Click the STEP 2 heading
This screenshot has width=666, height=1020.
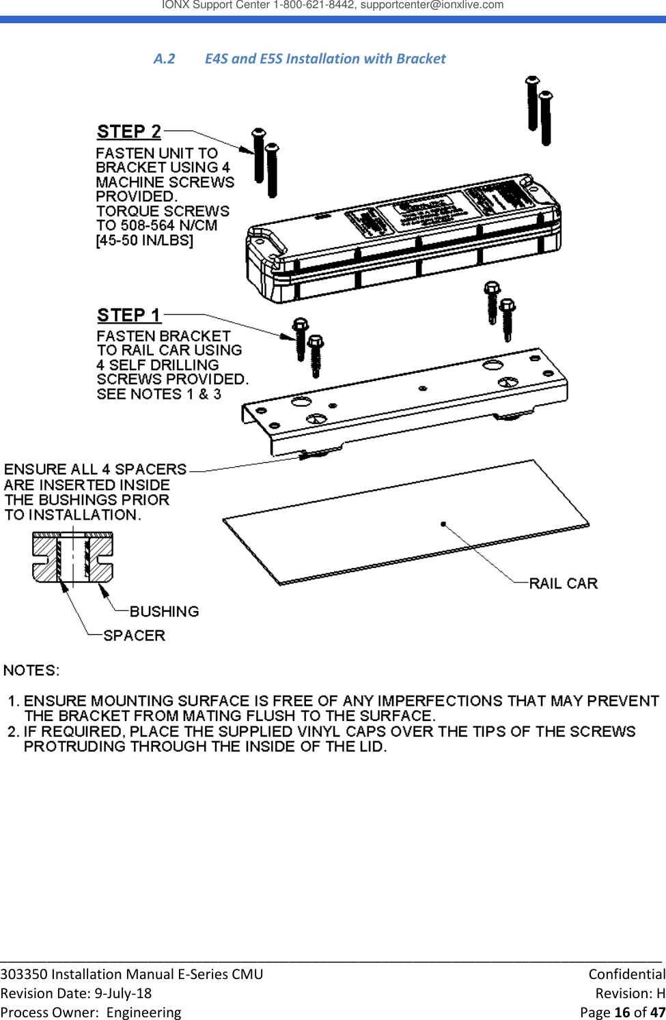point(129,131)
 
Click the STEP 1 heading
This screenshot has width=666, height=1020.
point(128,315)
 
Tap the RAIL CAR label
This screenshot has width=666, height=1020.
point(564,583)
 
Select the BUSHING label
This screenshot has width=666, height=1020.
point(164,611)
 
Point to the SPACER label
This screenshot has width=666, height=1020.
point(134,635)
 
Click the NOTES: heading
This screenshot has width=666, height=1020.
point(31,670)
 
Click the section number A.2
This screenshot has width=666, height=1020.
point(164,59)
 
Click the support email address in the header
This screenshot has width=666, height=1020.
point(432,5)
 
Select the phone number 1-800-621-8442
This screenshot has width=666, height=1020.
point(314,5)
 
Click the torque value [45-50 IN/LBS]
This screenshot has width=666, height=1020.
point(145,240)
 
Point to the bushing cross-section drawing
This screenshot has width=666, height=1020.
point(72,557)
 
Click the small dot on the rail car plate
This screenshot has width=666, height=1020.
point(443,524)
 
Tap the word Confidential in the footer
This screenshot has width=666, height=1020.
point(626,974)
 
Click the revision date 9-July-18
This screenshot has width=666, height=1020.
point(123,993)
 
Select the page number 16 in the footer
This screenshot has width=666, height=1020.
point(622,1012)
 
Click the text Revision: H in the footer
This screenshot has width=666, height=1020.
point(630,993)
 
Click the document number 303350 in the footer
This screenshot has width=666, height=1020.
point(24,974)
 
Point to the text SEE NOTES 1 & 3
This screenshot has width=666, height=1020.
point(158,394)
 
